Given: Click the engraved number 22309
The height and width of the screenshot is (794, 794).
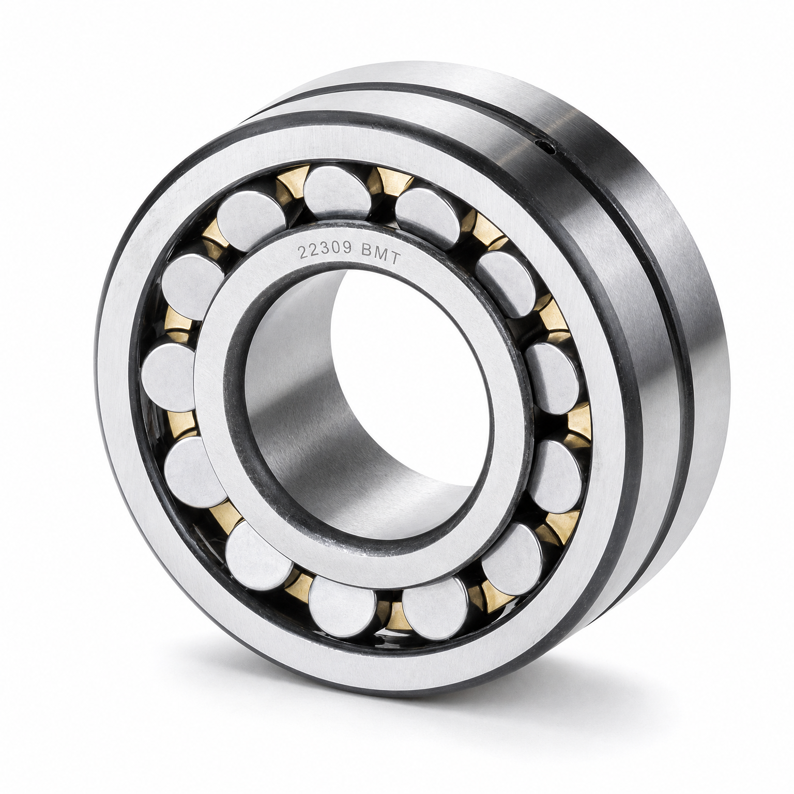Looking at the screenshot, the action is pos(324,250).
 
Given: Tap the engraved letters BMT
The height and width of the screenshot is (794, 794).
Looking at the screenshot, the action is pos(380,254).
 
